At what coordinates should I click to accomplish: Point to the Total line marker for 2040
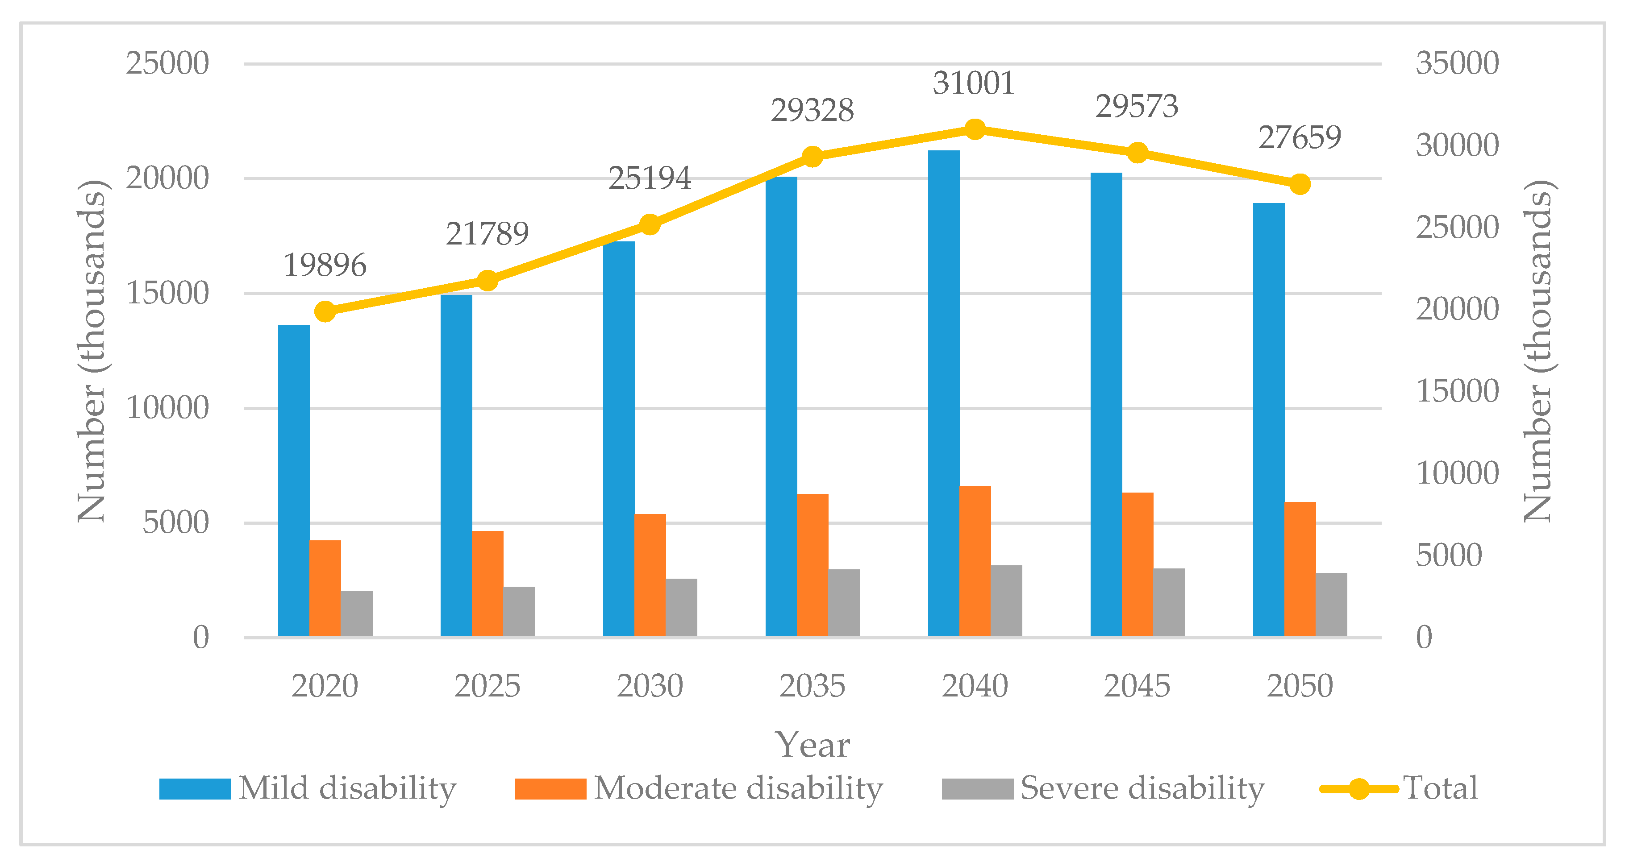click(x=975, y=130)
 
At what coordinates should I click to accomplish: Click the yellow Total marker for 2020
click(x=325, y=311)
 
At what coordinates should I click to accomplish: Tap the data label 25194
click(x=649, y=178)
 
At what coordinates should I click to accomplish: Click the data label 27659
click(x=1300, y=137)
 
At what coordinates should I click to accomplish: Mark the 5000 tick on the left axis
click(x=175, y=523)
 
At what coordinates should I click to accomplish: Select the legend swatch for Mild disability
click(x=195, y=789)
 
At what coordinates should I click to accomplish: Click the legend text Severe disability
click(x=1142, y=788)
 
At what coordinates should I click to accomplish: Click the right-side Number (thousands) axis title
click(x=1539, y=351)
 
